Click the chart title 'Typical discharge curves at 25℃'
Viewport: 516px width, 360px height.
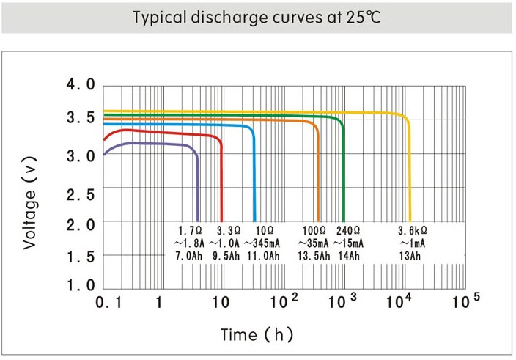point(257,17)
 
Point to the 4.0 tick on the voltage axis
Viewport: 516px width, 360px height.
point(81,85)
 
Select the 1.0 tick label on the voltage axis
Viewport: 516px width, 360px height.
point(81,286)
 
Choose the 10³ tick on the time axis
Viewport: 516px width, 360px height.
point(342,301)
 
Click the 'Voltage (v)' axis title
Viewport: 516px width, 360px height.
point(29,199)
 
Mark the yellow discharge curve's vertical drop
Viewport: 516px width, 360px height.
point(409,176)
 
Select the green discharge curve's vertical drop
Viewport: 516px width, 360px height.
point(344,176)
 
